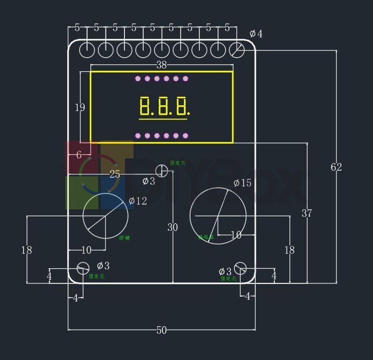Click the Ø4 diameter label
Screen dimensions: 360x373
[256, 34]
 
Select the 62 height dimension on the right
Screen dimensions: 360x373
[336, 167]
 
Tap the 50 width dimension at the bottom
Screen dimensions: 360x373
[161, 330]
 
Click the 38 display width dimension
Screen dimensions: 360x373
[162, 65]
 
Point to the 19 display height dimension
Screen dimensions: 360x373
[80, 107]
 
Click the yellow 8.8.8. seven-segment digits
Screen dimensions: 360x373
[165, 106]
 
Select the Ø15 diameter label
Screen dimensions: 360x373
[242, 183]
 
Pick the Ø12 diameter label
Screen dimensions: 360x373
[138, 201]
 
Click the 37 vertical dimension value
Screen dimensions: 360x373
[306, 213]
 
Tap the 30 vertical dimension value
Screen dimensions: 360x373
[172, 227]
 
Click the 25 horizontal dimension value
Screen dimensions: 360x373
[115, 174]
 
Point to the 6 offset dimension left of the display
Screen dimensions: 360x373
[79, 155]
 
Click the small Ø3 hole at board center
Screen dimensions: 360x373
[162, 171]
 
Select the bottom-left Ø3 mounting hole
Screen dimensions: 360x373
[83, 268]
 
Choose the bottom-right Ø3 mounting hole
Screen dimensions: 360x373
[240, 268]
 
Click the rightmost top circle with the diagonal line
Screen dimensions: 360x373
[236, 50]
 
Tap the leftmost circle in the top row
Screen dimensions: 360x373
[87, 50]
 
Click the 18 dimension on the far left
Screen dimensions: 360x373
[26, 250]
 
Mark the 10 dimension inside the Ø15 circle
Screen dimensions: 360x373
[236, 235]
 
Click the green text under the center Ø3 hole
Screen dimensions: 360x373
[177, 163]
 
